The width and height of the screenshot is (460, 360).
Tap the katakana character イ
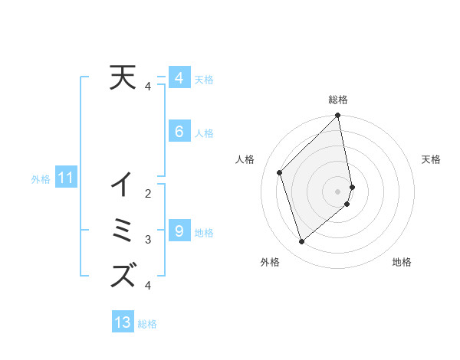coord(123,185)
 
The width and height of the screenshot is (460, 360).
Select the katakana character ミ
coord(123,230)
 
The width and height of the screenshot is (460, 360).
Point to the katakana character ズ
coord(123,275)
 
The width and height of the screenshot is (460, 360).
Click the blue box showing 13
coord(123,322)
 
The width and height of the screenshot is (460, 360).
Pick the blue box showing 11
coord(65,178)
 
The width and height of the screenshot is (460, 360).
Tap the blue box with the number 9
coord(179,231)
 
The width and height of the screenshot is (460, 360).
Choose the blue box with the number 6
coord(179,132)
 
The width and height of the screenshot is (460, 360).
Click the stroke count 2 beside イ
coord(148,194)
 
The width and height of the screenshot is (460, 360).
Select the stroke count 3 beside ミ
coord(148,240)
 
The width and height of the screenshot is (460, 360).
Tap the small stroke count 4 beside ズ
coord(148,286)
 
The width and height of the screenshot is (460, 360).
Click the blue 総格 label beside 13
coord(147,324)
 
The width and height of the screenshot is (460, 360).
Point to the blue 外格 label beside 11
coord(41,179)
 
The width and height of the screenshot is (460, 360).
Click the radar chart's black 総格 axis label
coord(338,100)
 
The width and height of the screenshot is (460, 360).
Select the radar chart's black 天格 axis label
coord(431,159)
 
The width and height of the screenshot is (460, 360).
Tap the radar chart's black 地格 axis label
coord(402,262)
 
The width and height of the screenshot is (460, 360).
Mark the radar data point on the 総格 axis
coord(338,116)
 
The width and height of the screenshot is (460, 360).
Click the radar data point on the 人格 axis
coord(280,172)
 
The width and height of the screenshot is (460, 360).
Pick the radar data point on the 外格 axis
coord(301,241)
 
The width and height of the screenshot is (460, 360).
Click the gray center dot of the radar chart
coord(338,191)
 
